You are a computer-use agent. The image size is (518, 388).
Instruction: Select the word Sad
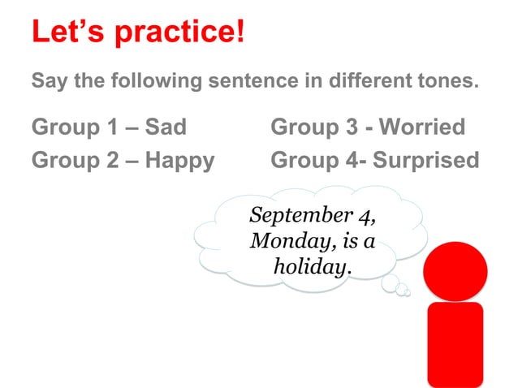pyautogui.click(x=166, y=127)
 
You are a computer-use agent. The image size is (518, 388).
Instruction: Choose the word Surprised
pyautogui.click(x=427, y=160)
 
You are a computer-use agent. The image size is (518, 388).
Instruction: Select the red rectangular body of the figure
pyautogui.click(x=455, y=343)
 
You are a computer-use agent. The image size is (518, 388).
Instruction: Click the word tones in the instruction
pyautogui.click(x=450, y=82)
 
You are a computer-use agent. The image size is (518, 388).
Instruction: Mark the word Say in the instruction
pyautogui.click(x=47, y=82)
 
